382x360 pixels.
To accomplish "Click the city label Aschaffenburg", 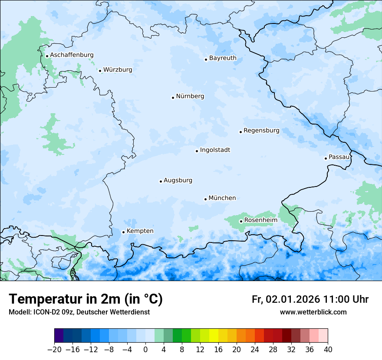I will [x=72, y=55].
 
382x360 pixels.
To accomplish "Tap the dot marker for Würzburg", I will [x=100, y=71].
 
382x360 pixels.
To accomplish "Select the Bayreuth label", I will [x=223, y=58].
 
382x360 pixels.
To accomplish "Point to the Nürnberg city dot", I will [x=173, y=98].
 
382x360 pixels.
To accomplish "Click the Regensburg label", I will [x=261, y=131].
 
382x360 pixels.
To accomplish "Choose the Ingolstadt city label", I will [x=215, y=150].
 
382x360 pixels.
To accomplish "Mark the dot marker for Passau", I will [x=326, y=158].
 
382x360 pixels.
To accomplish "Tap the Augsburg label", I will [x=178, y=180].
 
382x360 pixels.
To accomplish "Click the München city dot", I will [x=205, y=199].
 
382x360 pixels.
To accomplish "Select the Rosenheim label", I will [x=260, y=220].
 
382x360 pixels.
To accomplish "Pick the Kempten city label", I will [x=140, y=231].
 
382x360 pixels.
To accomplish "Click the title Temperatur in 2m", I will [x=86, y=299].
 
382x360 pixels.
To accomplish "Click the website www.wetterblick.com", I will [x=313, y=312].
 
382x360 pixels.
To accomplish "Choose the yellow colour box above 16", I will [x=214, y=336].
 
